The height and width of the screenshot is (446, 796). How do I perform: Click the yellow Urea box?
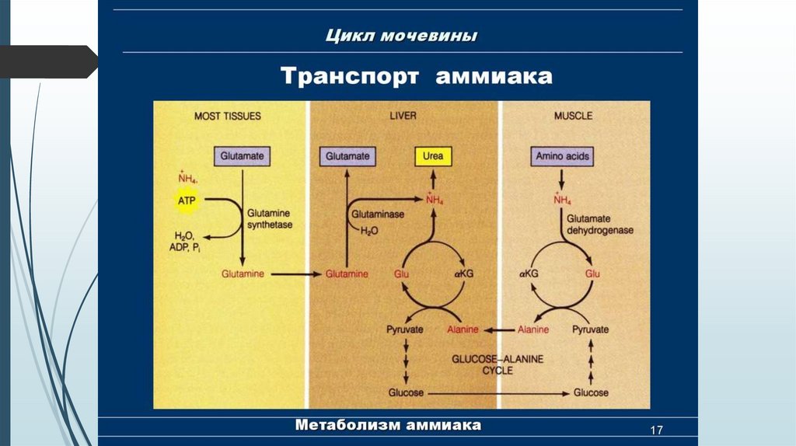[x=433, y=156]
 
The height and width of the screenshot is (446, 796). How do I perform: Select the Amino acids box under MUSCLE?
[x=563, y=156]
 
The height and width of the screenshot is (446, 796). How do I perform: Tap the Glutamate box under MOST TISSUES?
[x=243, y=156]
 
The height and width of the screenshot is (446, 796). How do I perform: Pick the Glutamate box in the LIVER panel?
[x=347, y=156]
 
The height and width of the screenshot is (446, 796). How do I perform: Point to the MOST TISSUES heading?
[x=227, y=116]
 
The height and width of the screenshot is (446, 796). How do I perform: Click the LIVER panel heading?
[x=403, y=116]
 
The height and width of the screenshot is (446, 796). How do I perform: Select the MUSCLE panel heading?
[x=573, y=116]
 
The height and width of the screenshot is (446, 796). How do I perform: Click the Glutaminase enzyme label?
[x=378, y=214]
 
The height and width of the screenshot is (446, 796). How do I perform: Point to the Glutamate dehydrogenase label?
[x=599, y=225]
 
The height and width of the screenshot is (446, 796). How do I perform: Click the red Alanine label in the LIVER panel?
[x=463, y=329]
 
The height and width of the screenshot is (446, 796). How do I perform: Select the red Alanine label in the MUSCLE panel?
[x=532, y=329]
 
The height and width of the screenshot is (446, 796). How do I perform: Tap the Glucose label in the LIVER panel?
[x=405, y=392]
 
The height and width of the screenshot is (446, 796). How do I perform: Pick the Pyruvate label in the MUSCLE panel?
[x=591, y=329]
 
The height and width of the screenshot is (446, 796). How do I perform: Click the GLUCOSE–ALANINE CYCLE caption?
[x=498, y=364]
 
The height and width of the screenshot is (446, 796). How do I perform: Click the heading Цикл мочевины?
[x=401, y=36]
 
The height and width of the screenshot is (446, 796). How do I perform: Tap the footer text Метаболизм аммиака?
[x=388, y=425]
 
